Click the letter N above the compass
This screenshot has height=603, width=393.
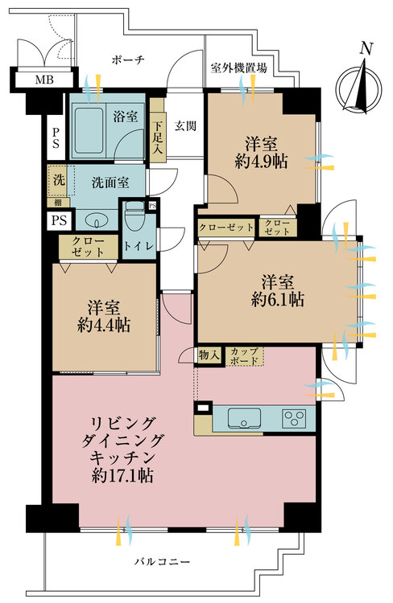click(366, 48)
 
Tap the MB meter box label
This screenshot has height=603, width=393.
click(44, 80)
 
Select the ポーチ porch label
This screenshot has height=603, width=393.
click(128, 60)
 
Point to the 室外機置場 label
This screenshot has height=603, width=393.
click(239, 68)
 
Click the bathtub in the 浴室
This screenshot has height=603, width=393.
click(89, 130)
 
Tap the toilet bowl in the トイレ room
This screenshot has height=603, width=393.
click(134, 216)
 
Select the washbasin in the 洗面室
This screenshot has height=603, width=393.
click(95, 221)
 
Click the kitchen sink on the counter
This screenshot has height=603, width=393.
click(244, 418)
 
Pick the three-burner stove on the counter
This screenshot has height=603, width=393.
click(295, 417)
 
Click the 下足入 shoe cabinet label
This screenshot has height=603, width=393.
click(157, 137)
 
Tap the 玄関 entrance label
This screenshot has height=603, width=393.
click(185, 125)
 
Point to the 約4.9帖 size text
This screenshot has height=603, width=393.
click(261, 162)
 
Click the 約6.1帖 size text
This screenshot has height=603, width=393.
click(277, 299)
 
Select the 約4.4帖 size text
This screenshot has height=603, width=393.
click(104, 325)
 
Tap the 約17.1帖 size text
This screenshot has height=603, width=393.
click(123, 476)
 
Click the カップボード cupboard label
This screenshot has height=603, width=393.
click(244, 356)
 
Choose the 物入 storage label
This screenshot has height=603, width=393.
click(209, 355)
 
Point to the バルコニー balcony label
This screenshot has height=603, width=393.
click(162, 562)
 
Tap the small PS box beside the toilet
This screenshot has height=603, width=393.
click(153, 205)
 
